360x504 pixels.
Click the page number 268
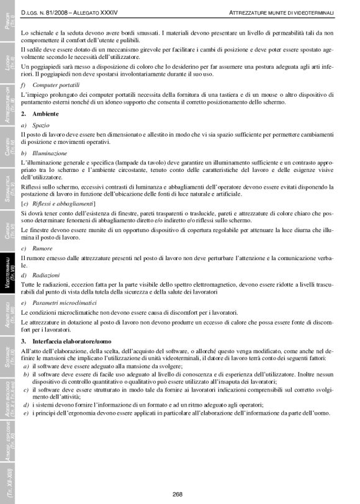[x=177, y=494]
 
